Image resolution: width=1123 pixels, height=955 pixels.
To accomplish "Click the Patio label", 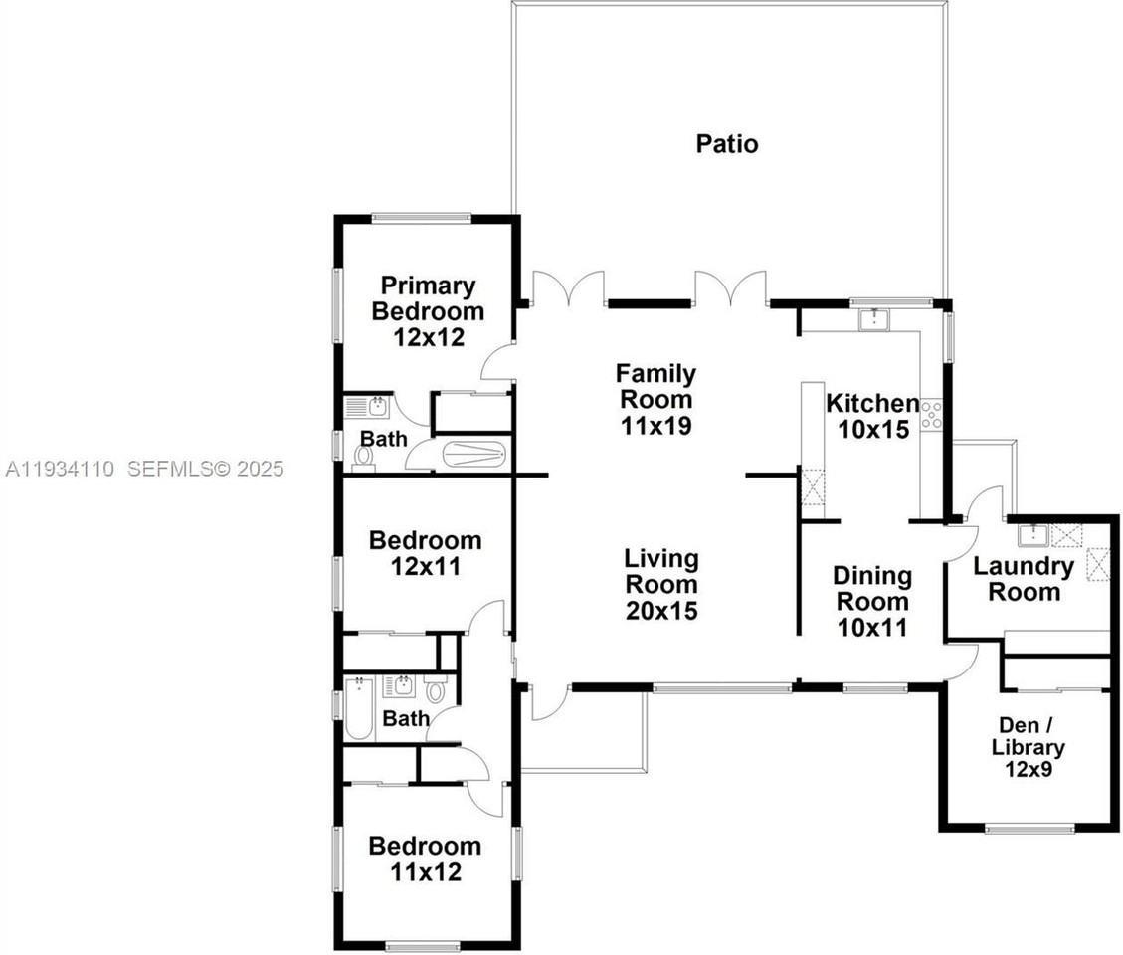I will [726, 144].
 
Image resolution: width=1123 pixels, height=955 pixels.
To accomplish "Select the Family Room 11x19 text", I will [655, 400].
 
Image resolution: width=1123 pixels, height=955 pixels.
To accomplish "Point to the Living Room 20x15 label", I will [661, 584].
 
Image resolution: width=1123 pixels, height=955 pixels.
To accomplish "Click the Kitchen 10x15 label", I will [872, 416].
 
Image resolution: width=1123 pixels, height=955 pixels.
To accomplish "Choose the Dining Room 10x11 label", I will [871, 601].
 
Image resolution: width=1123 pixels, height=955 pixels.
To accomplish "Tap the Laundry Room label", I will [1024, 579].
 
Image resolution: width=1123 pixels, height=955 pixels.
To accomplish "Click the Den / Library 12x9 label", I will [1028, 747].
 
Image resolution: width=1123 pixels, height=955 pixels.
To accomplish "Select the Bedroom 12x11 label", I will [425, 553].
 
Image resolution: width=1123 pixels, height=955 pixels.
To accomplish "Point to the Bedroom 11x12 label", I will [425, 859].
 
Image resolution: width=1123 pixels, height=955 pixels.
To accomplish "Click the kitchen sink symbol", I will [873, 318].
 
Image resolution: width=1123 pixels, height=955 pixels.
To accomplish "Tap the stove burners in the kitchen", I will [931, 415].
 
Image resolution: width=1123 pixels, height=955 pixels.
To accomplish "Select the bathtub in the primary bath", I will [474, 456].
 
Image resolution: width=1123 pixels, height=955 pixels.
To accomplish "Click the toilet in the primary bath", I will [363, 456].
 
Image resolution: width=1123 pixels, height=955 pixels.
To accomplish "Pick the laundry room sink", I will [1031, 535].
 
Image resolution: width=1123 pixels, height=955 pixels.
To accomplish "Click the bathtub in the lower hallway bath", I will [358, 709].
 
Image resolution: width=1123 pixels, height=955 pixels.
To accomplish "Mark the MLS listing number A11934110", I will [59, 468].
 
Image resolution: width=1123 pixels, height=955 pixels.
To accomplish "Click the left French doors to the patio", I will [569, 288].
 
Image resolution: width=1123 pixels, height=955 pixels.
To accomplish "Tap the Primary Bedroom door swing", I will [497, 365].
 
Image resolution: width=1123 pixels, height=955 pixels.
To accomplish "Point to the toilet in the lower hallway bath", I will [435, 689].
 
